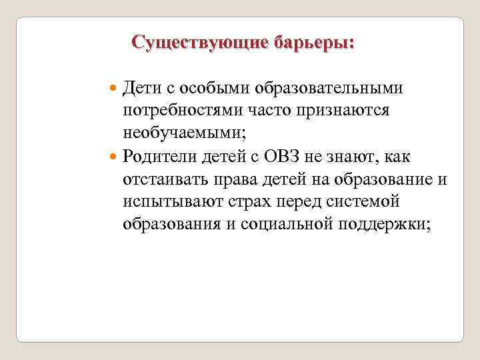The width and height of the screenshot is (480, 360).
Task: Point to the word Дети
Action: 142,88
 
